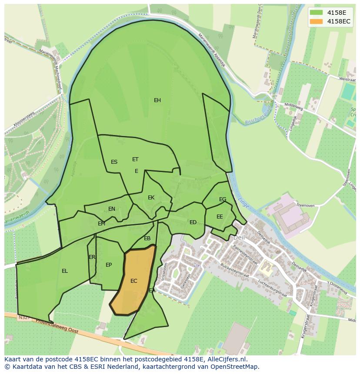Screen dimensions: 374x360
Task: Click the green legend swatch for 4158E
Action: (316, 12)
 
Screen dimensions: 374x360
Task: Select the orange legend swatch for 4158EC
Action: (316, 21)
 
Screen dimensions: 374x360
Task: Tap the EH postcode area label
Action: (157, 100)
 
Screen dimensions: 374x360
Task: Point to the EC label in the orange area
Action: (134, 281)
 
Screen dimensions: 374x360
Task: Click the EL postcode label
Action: (65, 271)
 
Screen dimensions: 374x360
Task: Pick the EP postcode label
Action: (109, 265)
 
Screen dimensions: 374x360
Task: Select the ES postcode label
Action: (114, 162)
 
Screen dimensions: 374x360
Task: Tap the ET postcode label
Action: (135, 159)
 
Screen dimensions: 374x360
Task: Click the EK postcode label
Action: (151, 198)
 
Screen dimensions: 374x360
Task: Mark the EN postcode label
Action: (112, 209)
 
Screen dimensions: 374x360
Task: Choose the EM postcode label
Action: (101, 224)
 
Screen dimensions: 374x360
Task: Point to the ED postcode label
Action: (193, 222)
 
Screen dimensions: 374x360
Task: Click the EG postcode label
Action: (223, 199)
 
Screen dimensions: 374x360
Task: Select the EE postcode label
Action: (220, 217)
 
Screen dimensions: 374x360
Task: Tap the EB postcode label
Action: (147, 238)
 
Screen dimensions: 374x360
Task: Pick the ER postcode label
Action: (92, 257)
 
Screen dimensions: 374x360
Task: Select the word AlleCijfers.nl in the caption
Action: (226, 359)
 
